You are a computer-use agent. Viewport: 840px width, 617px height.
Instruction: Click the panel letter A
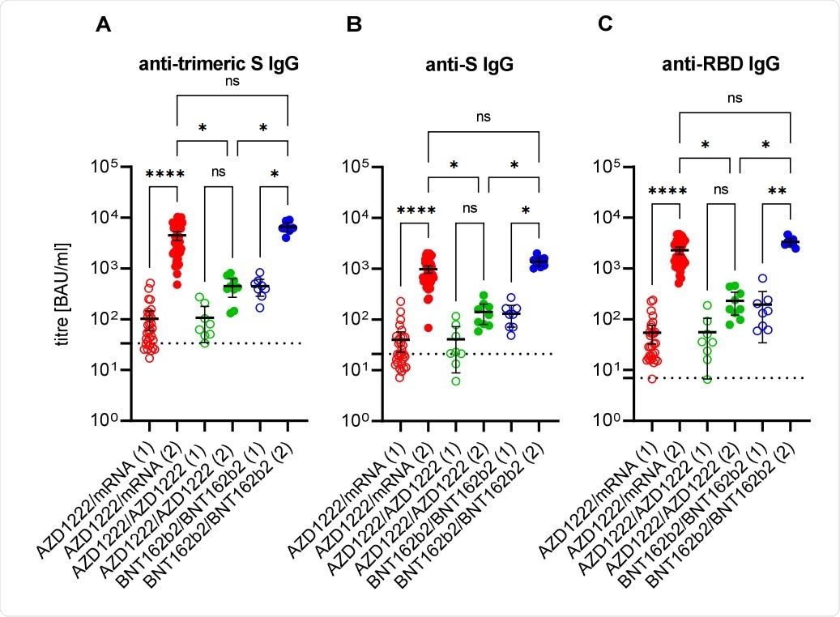(x=104, y=24)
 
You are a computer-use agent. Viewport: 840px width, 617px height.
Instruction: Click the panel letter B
(x=354, y=24)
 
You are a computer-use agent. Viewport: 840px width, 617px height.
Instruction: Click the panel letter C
(x=605, y=24)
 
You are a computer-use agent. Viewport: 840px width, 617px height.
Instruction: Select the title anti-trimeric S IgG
(x=218, y=66)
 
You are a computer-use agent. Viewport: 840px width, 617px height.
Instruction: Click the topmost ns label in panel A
(x=232, y=81)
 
